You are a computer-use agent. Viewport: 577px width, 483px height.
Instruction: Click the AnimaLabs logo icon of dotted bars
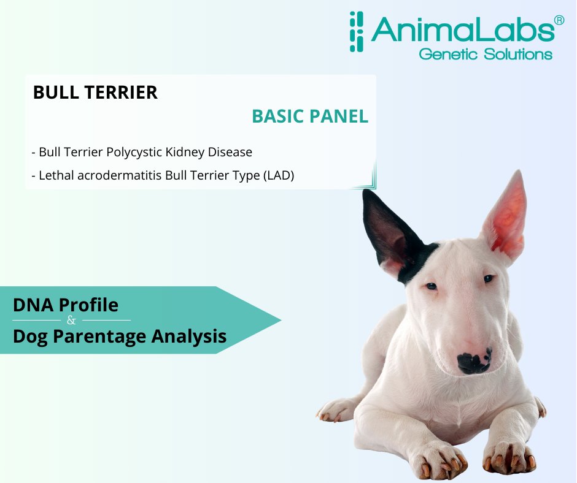point(356,32)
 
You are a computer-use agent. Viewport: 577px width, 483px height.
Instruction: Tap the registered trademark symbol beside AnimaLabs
point(559,20)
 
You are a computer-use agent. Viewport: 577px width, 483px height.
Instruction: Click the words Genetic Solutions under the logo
point(486,54)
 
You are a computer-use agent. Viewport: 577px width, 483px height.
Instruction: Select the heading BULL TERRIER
point(95,93)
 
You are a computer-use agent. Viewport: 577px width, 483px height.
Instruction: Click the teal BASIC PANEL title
point(310,116)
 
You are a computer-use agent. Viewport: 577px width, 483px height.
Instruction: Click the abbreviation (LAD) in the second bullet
point(279,175)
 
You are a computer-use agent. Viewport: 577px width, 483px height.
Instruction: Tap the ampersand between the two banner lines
point(71,321)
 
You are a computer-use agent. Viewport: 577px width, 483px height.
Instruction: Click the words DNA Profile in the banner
point(66,305)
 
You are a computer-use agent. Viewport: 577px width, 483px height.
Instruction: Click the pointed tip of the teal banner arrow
point(281,320)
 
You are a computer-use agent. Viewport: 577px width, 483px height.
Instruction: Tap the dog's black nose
point(474,362)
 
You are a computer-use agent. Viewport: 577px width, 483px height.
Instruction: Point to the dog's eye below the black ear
point(432,286)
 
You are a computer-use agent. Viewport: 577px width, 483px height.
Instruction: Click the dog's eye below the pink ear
point(489,278)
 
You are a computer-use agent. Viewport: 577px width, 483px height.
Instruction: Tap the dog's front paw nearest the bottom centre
point(438,460)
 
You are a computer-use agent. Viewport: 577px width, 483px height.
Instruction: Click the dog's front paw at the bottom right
point(509,456)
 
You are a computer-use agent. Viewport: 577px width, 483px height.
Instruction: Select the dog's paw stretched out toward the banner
point(336,411)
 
